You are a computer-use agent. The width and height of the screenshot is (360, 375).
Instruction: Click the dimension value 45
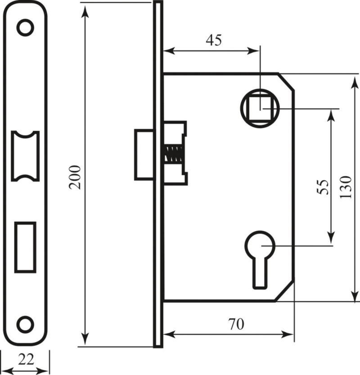click(x=214, y=40)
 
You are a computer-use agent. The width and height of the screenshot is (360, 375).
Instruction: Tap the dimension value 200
click(x=75, y=177)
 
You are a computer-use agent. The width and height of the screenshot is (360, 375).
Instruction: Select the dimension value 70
click(x=236, y=324)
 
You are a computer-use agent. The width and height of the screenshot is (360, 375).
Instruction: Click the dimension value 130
click(x=346, y=187)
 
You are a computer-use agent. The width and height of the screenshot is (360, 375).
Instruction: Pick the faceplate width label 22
click(x=26, y=359)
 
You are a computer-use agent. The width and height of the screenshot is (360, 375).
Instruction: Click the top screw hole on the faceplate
click(x=25, y=27)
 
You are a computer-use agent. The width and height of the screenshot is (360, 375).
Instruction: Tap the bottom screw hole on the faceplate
click(x=25, y=324)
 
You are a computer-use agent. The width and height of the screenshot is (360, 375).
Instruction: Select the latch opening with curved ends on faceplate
click(x=25, y=156)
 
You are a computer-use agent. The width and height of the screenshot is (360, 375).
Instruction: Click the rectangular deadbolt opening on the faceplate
click(x=25, y=247)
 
